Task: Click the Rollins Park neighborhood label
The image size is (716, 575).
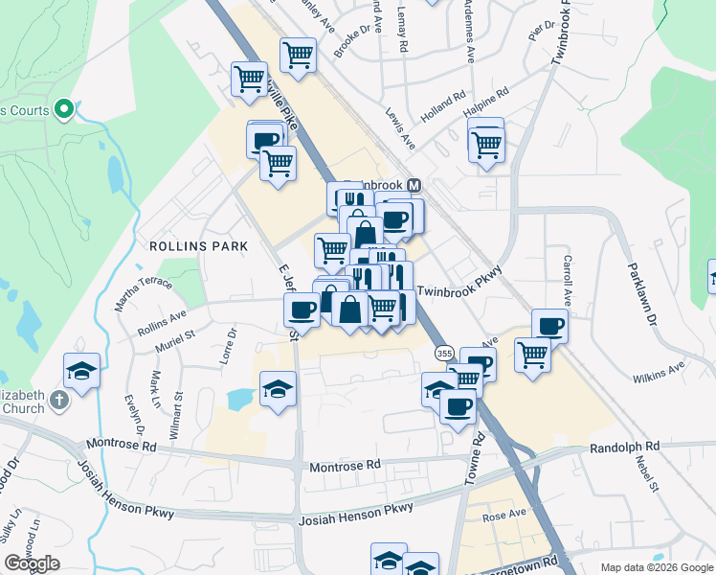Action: click(x=198, y=246)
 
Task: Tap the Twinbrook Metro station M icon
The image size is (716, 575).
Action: click(x=414, y=185)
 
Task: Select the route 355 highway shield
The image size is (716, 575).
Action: click(x=443, y=354)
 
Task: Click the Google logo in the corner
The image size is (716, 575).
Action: click(x=32, y=563)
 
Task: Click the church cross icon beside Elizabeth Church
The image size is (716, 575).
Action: click(x=59, y=399)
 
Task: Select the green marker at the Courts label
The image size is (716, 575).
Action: click(x=65, y=110)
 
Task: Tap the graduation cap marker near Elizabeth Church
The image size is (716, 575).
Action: click(x=82, y=369)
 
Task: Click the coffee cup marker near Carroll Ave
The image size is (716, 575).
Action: click(x=550, y=326)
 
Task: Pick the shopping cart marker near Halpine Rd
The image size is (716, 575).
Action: click(x=487, y=145)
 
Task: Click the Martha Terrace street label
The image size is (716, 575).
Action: click(x=144, y=288)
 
